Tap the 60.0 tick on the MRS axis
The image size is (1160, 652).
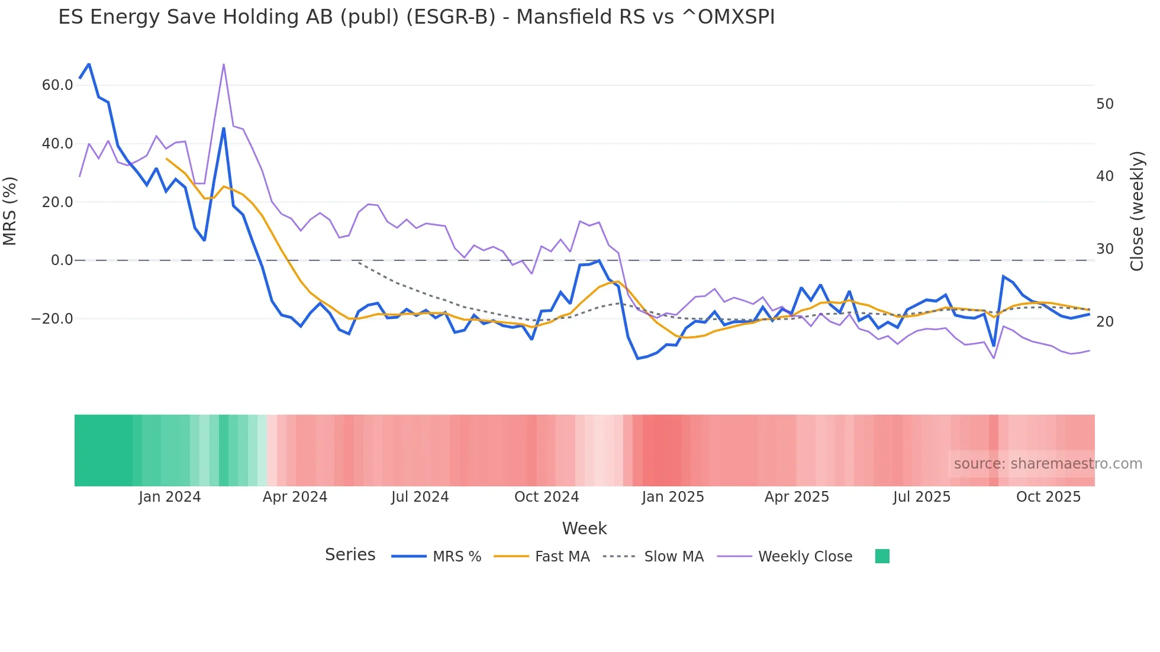coord(57,85)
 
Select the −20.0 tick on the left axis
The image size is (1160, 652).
coord(52,319)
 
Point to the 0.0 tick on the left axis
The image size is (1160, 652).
coord(62,260)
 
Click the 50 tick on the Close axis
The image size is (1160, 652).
coord(1104,104)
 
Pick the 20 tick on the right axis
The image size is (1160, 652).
coord(1104,322)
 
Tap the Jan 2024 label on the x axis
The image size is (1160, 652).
coord(170,497)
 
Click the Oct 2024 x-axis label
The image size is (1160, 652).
coord(546,497)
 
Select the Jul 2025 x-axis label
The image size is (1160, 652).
coord(921,497)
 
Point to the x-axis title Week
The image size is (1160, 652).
coord(584,528)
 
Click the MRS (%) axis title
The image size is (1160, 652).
coord(10,211)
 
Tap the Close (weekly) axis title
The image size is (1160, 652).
coord(1137,211)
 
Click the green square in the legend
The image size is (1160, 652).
coord(882,556)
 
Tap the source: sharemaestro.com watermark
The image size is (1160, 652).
coord(1048,464)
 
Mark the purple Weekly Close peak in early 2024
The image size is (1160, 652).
coord(224,64)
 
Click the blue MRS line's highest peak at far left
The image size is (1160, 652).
coord(89,64)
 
